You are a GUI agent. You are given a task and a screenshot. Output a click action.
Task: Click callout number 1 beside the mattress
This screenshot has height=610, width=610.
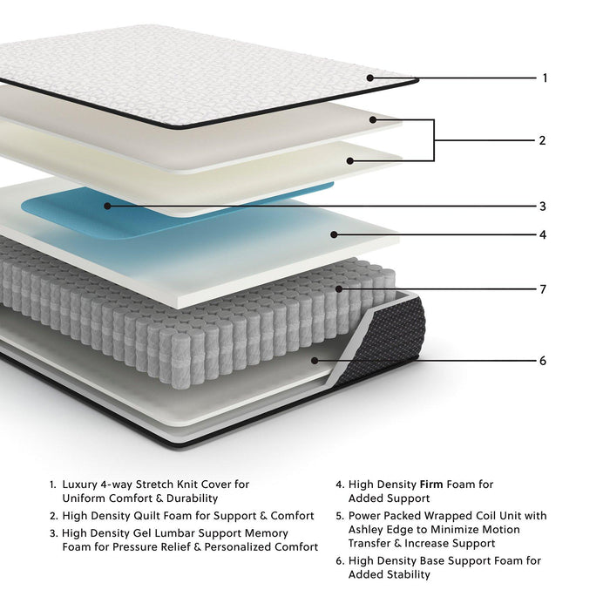[545, 78]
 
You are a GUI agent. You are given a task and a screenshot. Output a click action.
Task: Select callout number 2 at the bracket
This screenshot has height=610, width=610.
[542, 140]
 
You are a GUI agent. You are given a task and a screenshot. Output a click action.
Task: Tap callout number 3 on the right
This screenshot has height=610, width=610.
[542, 207]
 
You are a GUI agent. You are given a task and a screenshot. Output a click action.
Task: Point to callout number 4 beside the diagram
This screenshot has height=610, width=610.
[542, 235]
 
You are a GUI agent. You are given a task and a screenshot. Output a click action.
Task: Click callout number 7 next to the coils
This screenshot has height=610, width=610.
[542, 289]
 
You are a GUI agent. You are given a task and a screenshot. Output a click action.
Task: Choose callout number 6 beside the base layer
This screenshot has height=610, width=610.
[542, 361]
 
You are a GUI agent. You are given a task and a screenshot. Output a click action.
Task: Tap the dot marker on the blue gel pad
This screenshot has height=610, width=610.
[107, 206]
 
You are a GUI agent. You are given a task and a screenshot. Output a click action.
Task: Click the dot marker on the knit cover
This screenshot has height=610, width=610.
[369, 78]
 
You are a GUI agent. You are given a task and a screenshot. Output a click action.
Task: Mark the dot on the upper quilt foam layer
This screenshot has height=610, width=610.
[373, 119]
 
